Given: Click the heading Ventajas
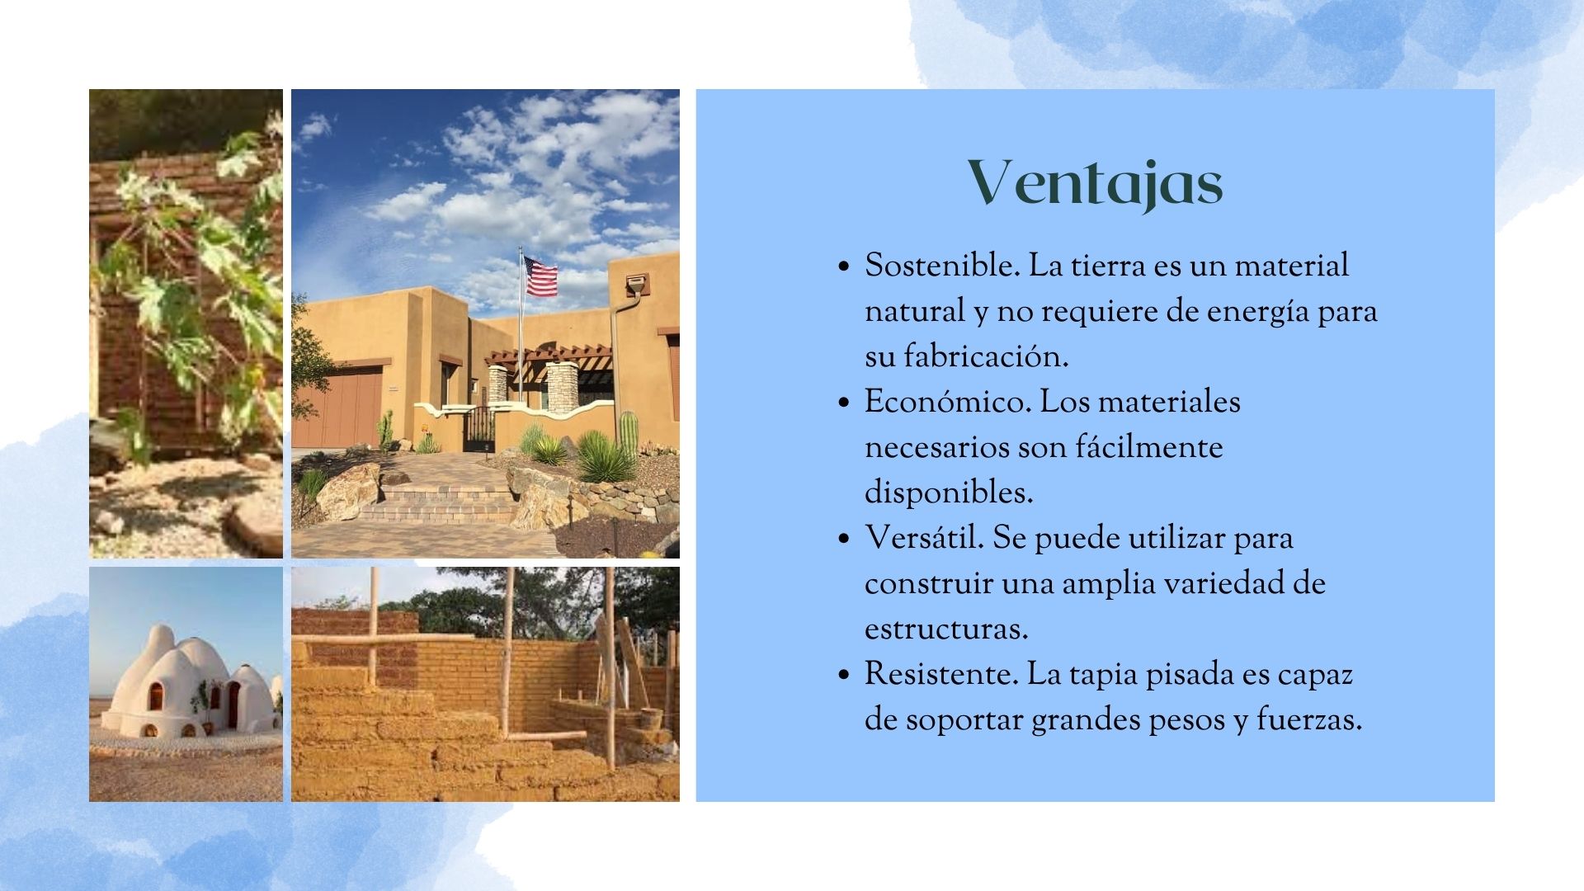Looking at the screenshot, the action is (1095, 183).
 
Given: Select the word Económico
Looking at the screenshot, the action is (948, 403).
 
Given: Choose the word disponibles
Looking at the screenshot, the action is (949, 493).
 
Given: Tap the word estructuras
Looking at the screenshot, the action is (946, 629).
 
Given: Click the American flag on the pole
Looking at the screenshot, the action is (541, 276).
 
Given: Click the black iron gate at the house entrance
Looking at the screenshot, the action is (478, 430).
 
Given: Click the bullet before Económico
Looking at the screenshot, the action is (842, 403).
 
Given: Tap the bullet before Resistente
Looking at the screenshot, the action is (842, 676).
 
